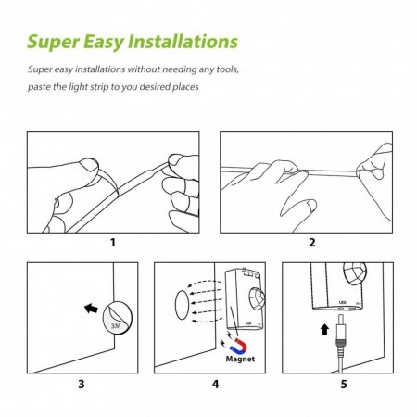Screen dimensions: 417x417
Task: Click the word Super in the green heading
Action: pyautogui.click(x=54, y=42)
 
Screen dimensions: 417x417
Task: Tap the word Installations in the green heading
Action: pyautogui.click(x=183, y=41)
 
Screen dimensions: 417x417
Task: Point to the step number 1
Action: pyautogui.click(x=113, y=243)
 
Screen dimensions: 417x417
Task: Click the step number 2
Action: pyautogui.click(x=312, y=243)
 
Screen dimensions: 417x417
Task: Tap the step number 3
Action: pyautogui.click(x=82, y=384)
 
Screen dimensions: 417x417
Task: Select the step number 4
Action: pyautogui.click(x=215, y=384)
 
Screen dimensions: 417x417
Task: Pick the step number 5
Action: pyautogui.click(x=344, y=384)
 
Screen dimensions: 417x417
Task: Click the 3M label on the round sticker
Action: pyautogui.click(x=116, y=325)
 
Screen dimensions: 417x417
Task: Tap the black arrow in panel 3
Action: pyautogui.click(x=91, y=309)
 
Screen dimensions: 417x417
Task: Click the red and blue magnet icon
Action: pyautogui.click(x=240, y=346)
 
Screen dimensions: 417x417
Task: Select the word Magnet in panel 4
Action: pyautogui.click(x=240, y=359)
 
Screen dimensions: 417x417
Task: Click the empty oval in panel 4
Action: pyautogui.click(x=182, y=305)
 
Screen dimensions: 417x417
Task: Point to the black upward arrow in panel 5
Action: pyautogui.click(x=324, y=329)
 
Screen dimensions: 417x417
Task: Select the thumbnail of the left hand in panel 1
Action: pyautogui.click(x=89, y=165)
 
